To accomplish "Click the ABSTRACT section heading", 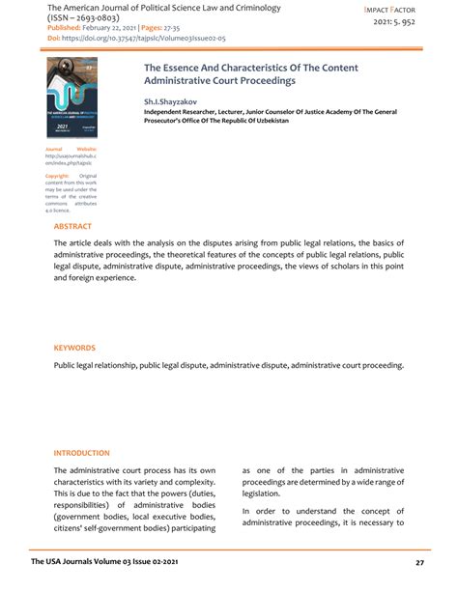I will tap(73, 226).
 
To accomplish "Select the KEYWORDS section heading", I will tap(75, 348).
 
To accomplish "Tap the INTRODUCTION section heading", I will tap(81, 452).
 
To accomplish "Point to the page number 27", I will tap(419, 562).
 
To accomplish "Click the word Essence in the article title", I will tap(184, 70).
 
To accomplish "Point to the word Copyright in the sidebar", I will tap(57, 176).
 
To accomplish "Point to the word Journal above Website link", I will tap(55, 149).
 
